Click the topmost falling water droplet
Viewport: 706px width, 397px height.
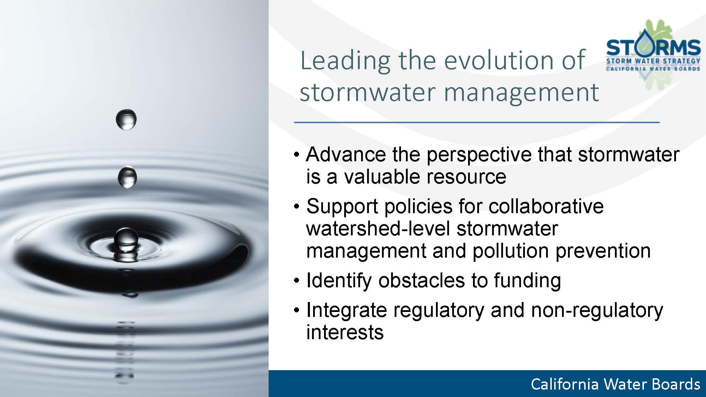point(126,119)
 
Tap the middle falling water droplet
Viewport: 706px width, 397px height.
point(127,177)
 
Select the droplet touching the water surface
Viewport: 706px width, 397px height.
point(126,240)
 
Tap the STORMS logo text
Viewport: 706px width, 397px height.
point(653,48)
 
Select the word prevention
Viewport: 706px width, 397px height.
point(603,251)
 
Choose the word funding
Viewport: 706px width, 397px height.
point(527,281)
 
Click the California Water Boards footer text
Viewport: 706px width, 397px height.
point(616,384)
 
